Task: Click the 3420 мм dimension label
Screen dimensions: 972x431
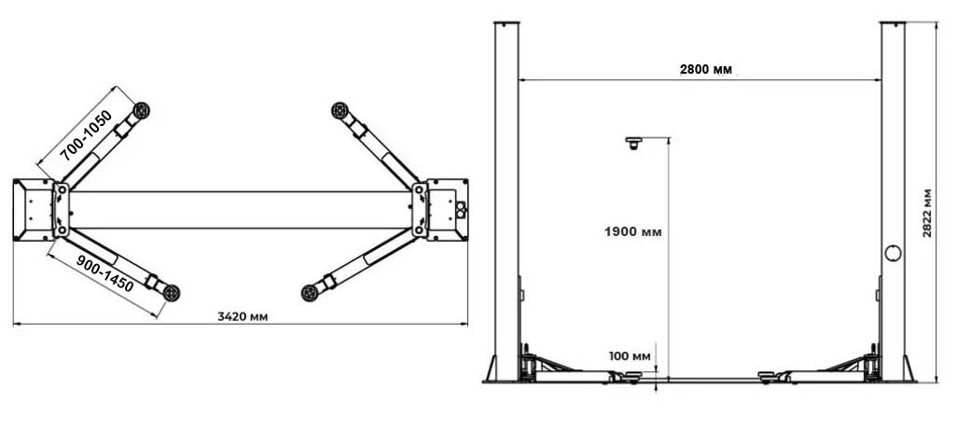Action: (x=243, y=316)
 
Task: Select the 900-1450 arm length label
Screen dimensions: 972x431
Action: (x=104, y=273)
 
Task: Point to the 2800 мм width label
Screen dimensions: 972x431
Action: (x=705, y=69)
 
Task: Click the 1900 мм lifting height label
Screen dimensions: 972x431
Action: (x=632, y=232)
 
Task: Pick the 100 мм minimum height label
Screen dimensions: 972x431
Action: (x=630, y=356)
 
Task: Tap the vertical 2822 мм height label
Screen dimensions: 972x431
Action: (x=927, y=213)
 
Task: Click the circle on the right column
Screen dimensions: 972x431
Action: (x=893, y=253)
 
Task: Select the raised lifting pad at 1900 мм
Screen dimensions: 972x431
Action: (x=632, y=144)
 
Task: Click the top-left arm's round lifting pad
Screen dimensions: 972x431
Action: (x=142, y=110)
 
